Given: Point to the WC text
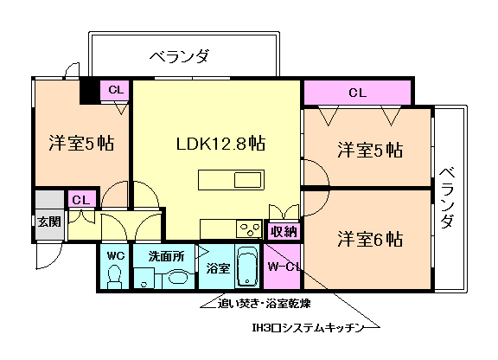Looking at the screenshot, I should point(113,256).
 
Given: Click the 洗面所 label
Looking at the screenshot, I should point(164,256).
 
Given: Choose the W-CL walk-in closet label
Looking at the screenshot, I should point(282,267).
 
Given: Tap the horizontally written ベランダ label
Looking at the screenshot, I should point(179,58).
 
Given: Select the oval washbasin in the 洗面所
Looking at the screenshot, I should point(178,278).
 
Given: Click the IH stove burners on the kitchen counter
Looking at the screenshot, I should point(250,229).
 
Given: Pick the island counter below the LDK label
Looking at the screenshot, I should point(231,180).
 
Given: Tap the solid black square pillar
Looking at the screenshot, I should point(89,90).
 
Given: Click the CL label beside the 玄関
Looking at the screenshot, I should point(80,200).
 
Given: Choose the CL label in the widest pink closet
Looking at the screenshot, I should point(356,92).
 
